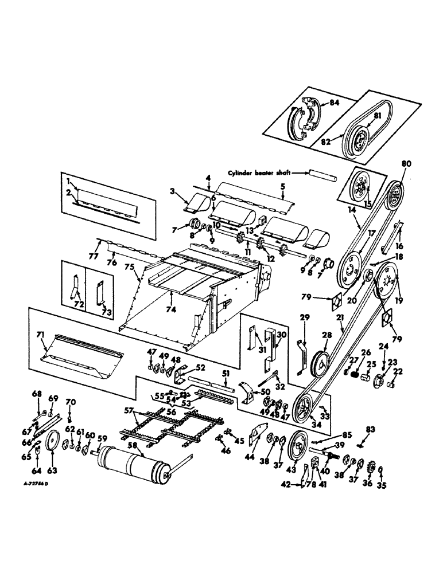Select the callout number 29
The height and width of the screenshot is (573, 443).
305,317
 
